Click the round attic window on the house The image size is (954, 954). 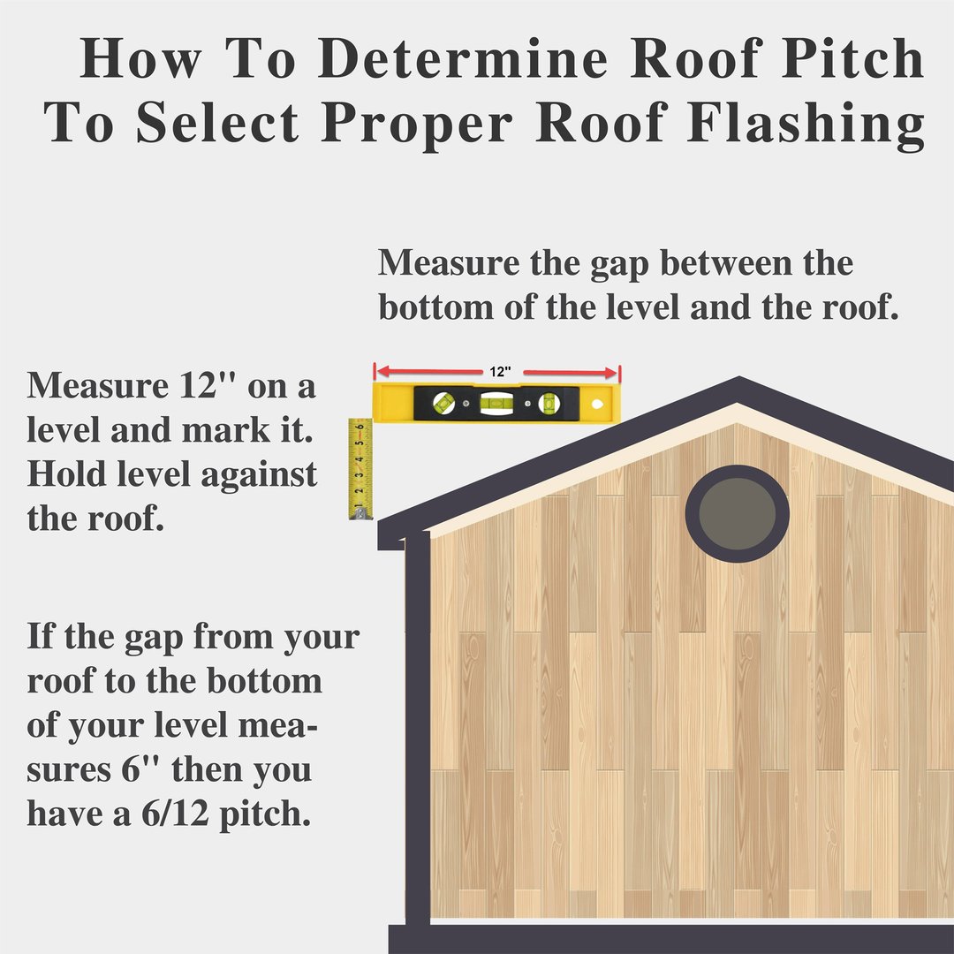[737, 514]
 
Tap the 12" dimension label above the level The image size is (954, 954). [500, 372]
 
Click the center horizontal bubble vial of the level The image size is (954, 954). [496, 402]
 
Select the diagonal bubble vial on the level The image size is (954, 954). [443, 402]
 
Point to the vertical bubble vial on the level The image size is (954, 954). [549, 403]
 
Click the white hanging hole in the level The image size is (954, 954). [597, 404]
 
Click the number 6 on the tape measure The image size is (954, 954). [360, 427]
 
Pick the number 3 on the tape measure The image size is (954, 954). [360, 474]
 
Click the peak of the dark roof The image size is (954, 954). [739, 377]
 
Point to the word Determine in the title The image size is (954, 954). [463, 58]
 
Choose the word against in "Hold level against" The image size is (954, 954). [259, 474]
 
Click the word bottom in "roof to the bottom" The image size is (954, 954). [264, 681]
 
